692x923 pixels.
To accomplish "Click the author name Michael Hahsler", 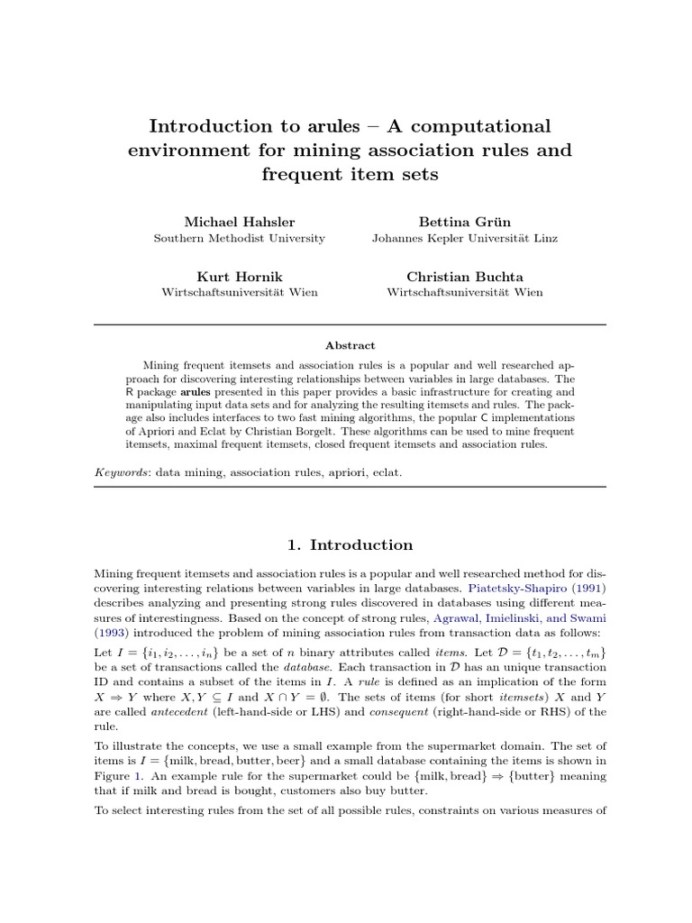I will pyautogui.click(x=239, y=222).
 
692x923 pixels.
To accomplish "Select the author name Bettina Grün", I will pyautogui.click(x=464, y=222).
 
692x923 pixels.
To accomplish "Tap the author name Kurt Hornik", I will pyautogui.click(x=239, y=276).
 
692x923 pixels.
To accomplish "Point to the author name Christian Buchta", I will pyautogui.click(x=464, y=276).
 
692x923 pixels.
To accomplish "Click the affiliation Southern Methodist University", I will pyautogui.click(x=239, y=239).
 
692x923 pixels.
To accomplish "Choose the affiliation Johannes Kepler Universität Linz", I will pyautogui.click(x=464, y=239).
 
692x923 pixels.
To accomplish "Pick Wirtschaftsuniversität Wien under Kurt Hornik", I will pyautogui.click(x=239, y=292).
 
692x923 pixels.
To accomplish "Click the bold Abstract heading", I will pyautogui.click(x=350, y=345).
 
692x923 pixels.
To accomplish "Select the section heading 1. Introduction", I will pyautogui.click(x=350, y=544).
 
